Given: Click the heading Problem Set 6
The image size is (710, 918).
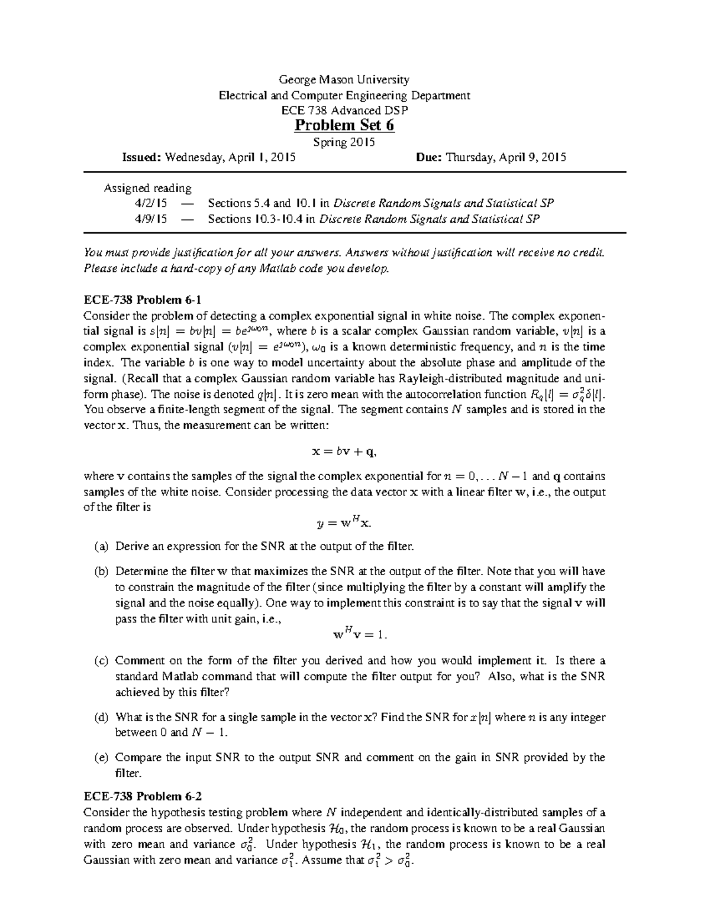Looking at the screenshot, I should point(344,126).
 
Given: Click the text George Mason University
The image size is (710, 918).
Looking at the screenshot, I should point(344,80).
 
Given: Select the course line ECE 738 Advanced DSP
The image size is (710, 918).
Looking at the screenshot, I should point(344,111).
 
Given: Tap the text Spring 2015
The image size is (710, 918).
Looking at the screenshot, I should point(344,142).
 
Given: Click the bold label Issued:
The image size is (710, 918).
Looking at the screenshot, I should point(141,157).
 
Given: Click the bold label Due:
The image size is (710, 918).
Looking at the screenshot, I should point(429,157).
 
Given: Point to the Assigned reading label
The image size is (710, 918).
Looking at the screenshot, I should point(148,189).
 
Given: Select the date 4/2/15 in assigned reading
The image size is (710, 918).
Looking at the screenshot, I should point(151,204).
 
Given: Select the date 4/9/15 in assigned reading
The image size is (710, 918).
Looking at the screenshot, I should point(151,219).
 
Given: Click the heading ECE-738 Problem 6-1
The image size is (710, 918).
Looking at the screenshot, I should point(143,300).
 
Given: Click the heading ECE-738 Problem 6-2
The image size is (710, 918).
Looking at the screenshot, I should point(143,796).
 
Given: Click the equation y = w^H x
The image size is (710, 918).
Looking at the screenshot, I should point(344,522).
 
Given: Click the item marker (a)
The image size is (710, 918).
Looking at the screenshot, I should point(101,547).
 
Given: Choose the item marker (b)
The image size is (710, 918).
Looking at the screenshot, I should point(101,572).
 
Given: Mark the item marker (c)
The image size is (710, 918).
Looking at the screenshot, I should point(101,661).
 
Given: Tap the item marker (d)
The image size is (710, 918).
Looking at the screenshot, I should point(101,718).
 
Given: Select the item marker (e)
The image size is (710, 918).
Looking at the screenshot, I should point(101,758).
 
